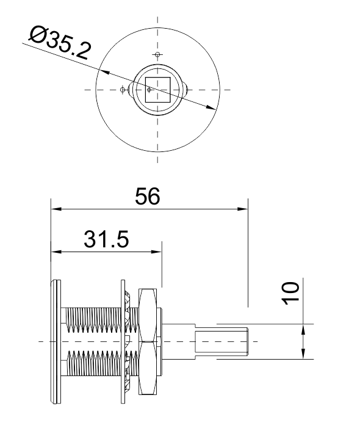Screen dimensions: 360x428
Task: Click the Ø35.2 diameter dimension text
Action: tap(60, 43)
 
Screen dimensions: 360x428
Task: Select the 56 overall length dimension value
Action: tap(148, 196)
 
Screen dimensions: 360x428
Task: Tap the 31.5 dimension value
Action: tap(106, 239)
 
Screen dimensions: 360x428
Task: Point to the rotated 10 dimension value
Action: tap(290, 293)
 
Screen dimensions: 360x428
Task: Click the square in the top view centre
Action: tap(157, 90)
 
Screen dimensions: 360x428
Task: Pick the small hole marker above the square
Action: tap(157, 54)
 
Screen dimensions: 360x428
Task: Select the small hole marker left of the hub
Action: tap(123, 90)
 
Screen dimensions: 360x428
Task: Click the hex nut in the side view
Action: tap(148, 341)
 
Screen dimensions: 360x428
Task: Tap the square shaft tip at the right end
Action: tap(221, 341)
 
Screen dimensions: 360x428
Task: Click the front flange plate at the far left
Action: tap(56, 341)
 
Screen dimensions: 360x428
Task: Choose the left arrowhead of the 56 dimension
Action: tap(56, 209)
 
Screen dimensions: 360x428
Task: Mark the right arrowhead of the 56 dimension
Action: tap(243, 209)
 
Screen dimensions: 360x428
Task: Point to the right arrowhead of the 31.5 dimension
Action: tap(157, 252)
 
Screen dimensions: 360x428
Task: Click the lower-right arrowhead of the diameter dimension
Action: tap(211, 107)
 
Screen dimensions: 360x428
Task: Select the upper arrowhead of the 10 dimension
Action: tap(303, 329)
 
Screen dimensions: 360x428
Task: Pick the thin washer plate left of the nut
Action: tap(123, 341)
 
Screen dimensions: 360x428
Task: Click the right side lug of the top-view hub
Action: tap(185, 90)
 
